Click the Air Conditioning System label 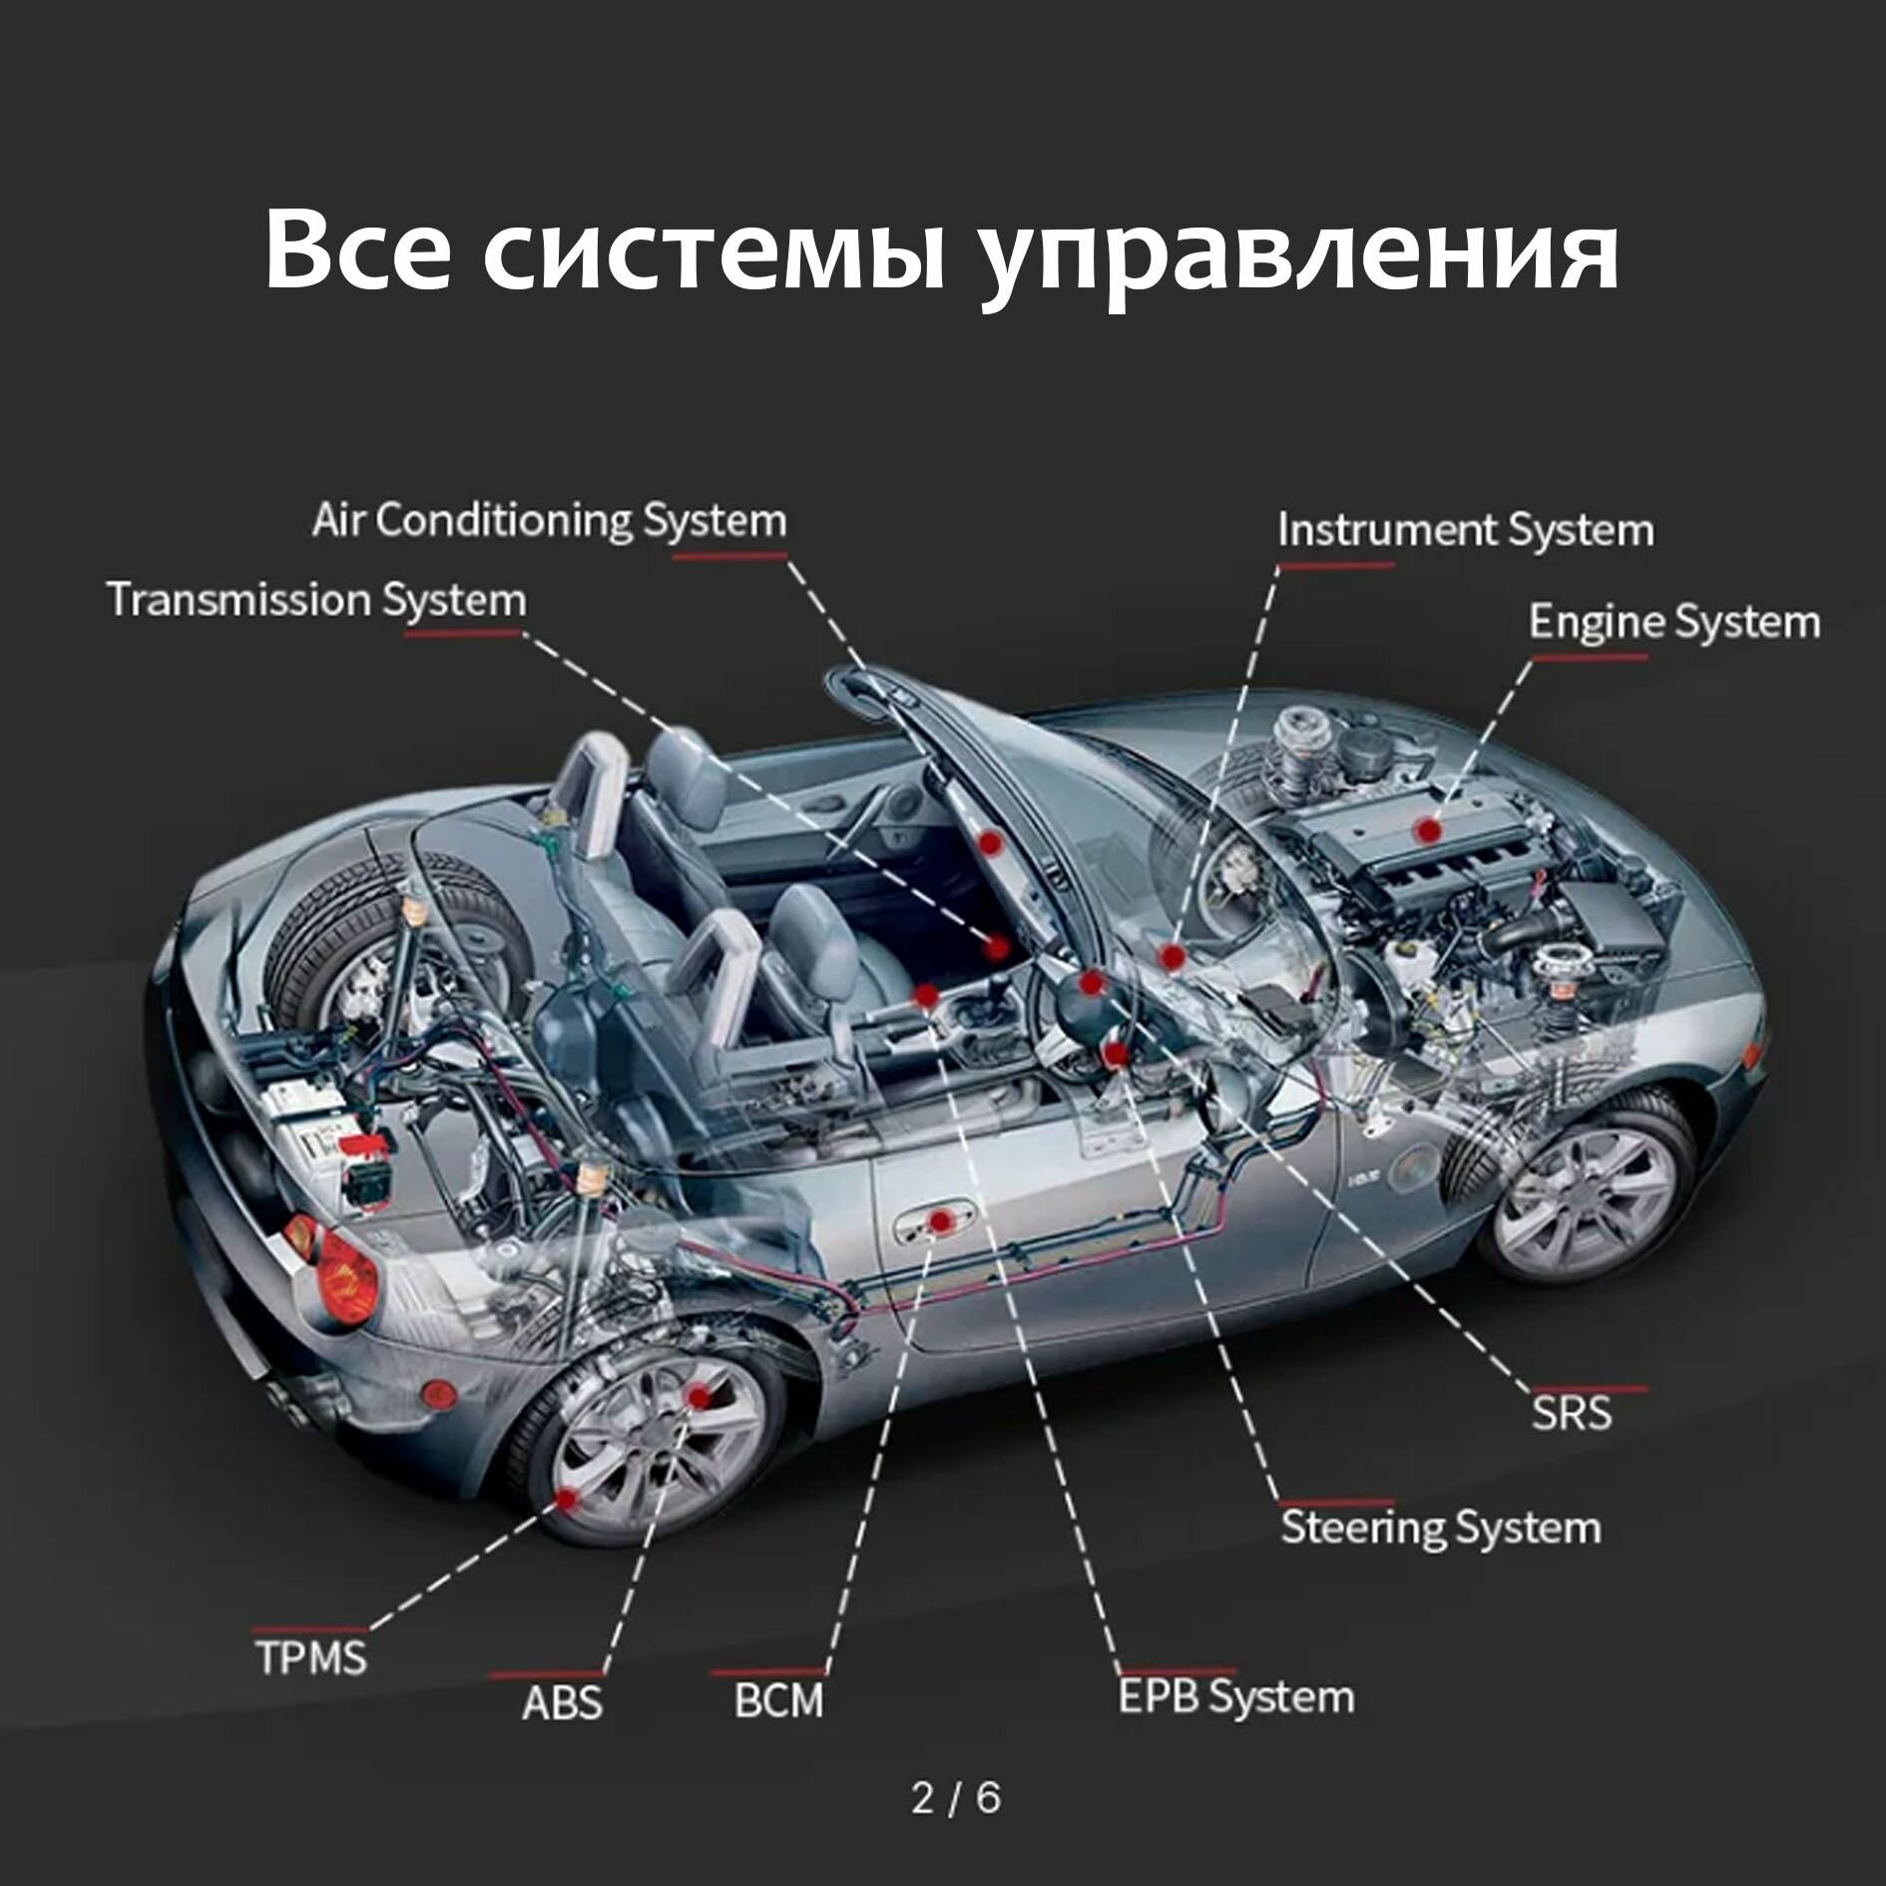coord(549,521)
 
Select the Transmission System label coord(316,601)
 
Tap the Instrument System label coord(1465,530)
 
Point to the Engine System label coord(1673,622)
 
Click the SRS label coord(1572,1413)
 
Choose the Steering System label coord(1440,1555)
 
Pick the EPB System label coord(1235,1697)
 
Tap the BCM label coord(778,1701)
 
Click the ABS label coord(562,1702)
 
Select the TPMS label coord(311,1657)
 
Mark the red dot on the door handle coord(939,1220)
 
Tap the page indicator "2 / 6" coord(955,1797)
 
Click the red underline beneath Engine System coord(1589,658)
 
